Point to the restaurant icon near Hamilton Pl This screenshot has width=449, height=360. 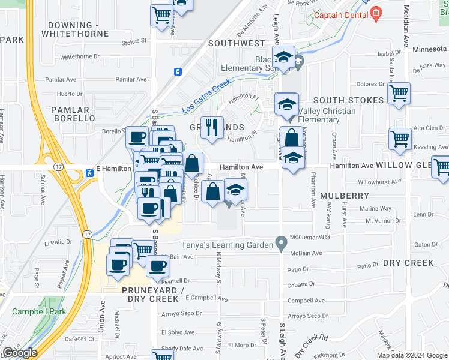pos(211,128)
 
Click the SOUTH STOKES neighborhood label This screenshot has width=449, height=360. pos(348,100)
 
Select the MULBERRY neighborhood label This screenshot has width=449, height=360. pos(344,196)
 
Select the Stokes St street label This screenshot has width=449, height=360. pos(134,41)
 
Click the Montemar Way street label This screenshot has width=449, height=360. pos(310,237)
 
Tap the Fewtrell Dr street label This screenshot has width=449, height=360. pos(175,280)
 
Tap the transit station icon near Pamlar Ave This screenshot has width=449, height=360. pos(178,71)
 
